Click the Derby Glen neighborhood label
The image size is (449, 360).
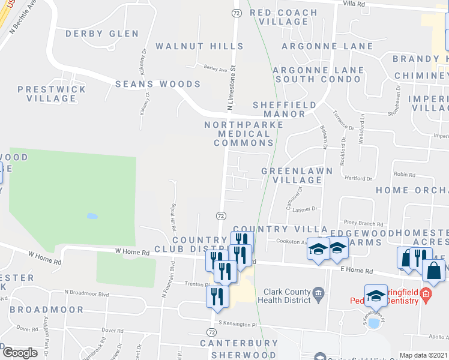(102, 34)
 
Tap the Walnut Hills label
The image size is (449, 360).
(200, 46)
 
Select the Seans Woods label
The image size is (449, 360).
(149, 85)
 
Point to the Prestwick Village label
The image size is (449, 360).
(47, 94)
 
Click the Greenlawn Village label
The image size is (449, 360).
(292, 175)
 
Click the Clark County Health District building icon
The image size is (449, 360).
(319, 293)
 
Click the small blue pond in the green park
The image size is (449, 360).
(92, 216)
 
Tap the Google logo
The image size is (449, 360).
(20, 352)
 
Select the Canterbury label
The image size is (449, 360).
(239, 344)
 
